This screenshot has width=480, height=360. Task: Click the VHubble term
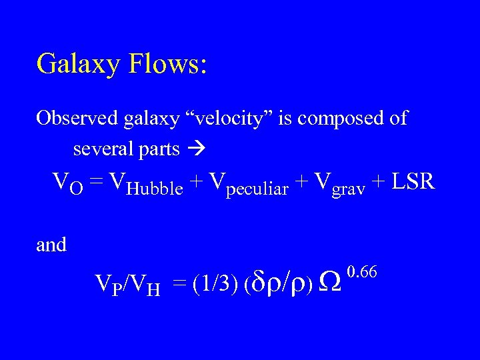[146, 183]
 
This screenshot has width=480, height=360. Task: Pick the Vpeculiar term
[249, 183]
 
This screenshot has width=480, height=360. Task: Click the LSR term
[414, 181]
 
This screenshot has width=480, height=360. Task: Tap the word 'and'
[51, 245]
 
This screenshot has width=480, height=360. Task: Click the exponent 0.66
[363, 271]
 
